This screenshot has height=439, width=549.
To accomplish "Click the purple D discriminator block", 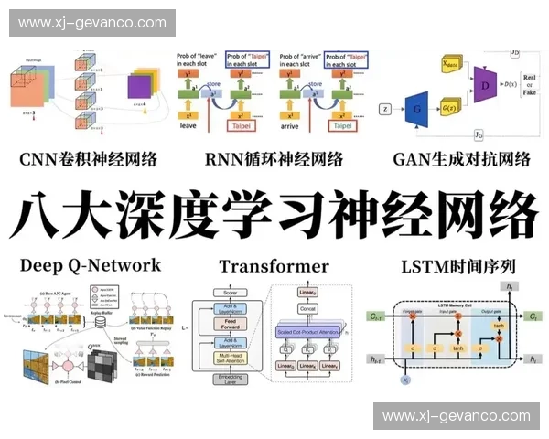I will point(485,85).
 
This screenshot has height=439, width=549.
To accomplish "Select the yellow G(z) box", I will point(449,108).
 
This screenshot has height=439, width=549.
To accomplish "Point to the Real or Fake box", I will point(528,87).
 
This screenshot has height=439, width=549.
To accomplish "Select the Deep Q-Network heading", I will point(90,265).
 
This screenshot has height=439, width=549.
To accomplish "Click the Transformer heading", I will point(274,266).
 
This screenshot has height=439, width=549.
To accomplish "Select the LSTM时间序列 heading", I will point(458,266).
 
